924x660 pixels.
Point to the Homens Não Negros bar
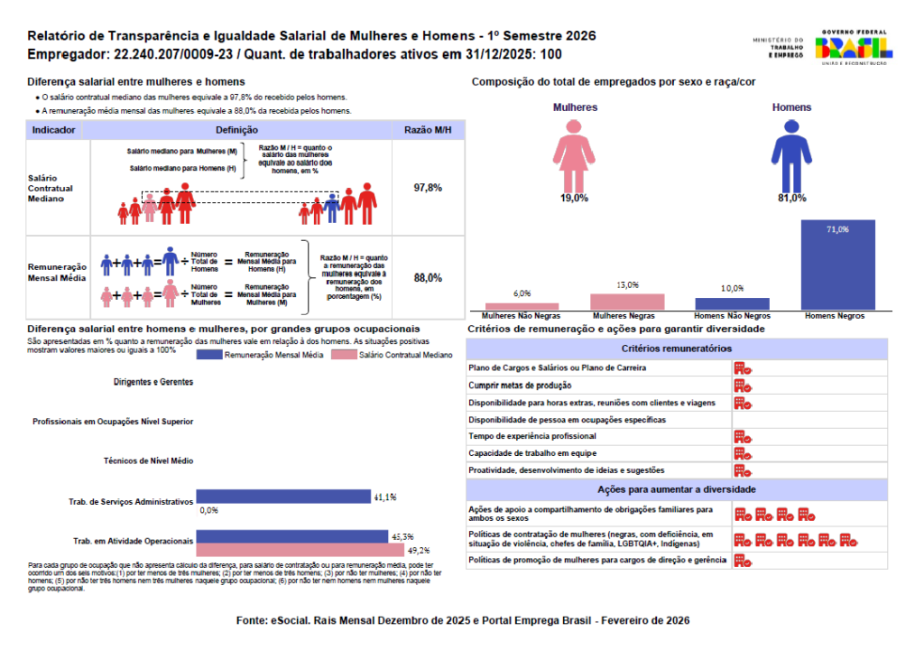coord(732,304)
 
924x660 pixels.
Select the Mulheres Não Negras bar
coord(522,306)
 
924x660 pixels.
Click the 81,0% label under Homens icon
coord(791,198)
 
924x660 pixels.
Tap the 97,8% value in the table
coord(428,188)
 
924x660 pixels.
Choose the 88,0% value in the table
coord(428,278)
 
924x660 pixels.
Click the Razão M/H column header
coord(428,131)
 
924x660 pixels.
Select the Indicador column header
coord(54,131)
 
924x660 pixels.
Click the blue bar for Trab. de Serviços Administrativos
coord(283,496)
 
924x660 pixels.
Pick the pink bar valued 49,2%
coord(300,550)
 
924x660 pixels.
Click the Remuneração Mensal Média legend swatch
coord(208,356)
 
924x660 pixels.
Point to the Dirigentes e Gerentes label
coord(153,382)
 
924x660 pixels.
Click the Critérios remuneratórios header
coord(676,349)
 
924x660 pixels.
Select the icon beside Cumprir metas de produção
coord(743,386)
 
